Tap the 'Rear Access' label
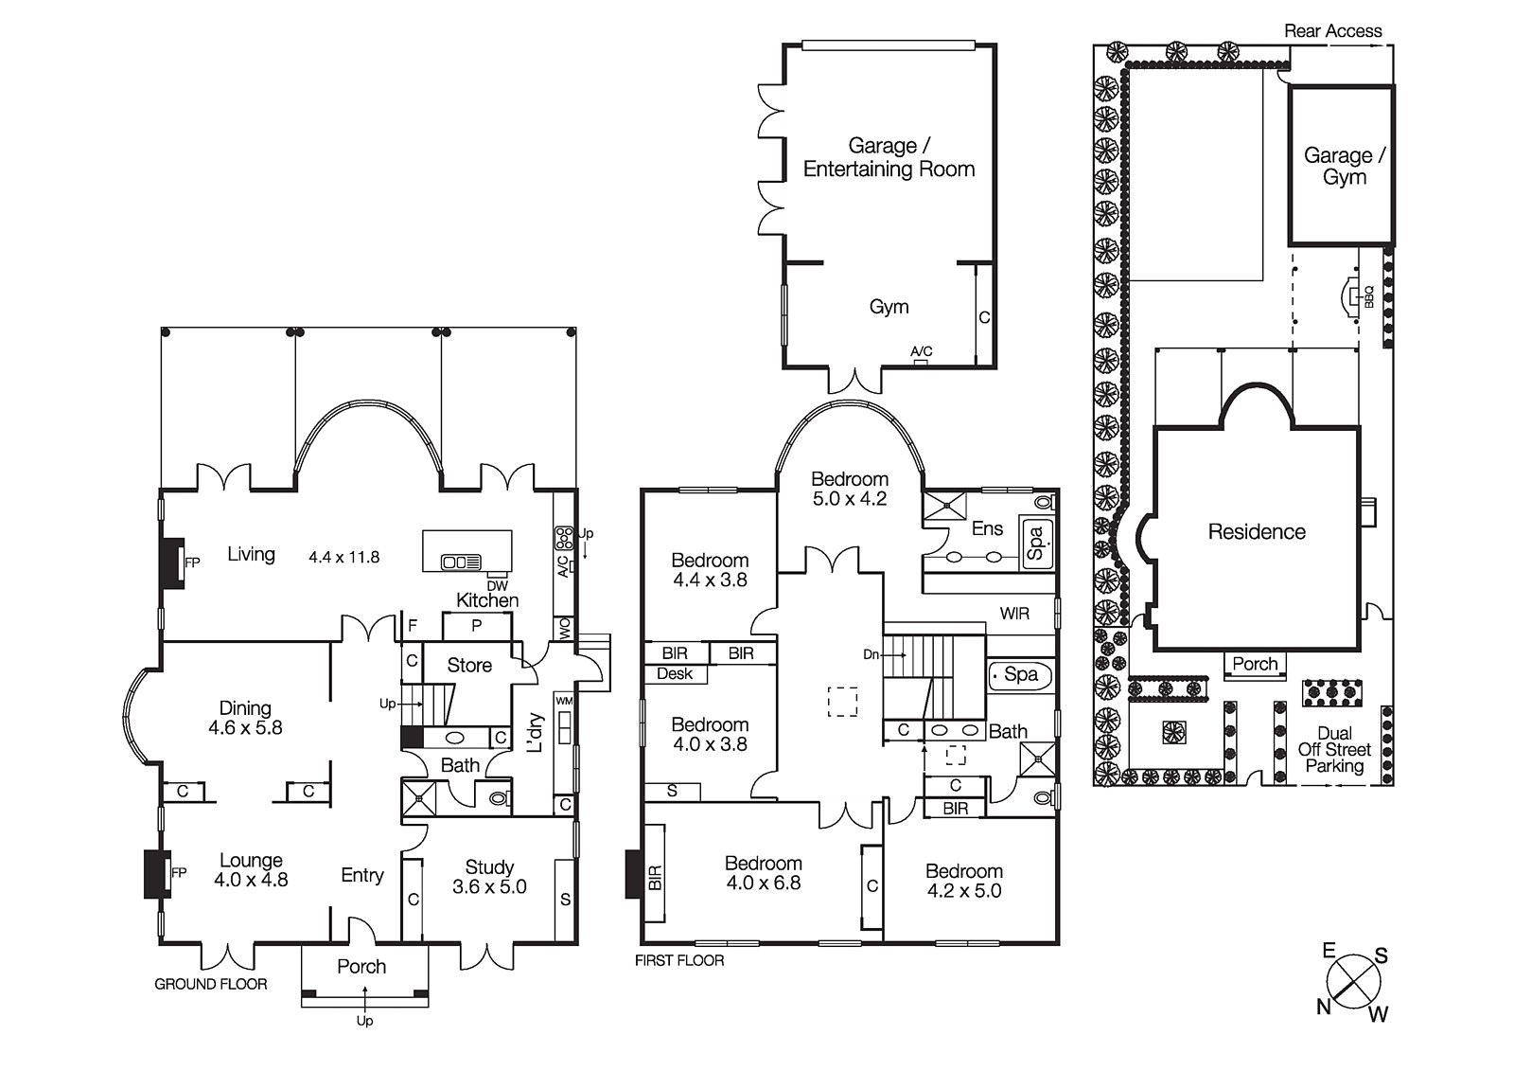pos(1332,31)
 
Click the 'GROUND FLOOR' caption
pos(210,984)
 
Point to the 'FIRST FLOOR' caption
pos(679,960)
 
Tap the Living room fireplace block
pos(170,563)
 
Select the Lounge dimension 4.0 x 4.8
pos(251,880)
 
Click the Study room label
pos(489,866)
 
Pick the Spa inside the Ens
pos(1035,543)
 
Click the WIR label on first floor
pos(1014,614)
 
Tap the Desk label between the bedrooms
pos(675,674)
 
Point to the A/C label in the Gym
pos(921,351)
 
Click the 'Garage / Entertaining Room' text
pos(889,157)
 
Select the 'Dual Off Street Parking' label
pos(1334,749)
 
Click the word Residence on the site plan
pos(1257,532)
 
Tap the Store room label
pos(469,666)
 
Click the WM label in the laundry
pos(564,701)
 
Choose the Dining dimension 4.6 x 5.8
pos(245,728)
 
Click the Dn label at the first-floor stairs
pos(871,654)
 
